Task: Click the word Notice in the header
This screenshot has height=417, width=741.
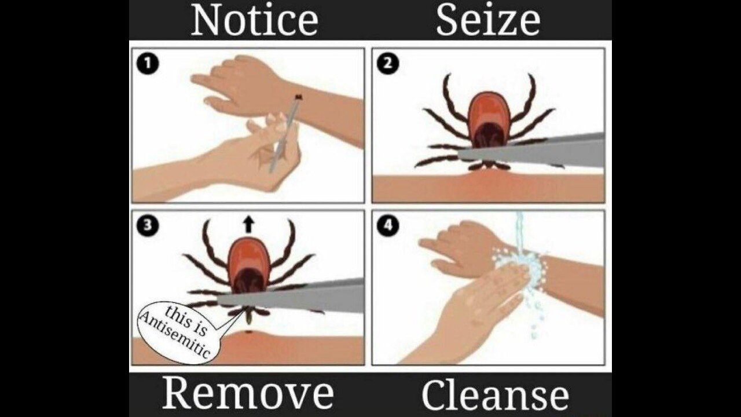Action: (255, 20)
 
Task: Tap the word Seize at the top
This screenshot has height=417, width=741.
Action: (488, 20)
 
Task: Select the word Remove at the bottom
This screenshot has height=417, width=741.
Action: (248, 394)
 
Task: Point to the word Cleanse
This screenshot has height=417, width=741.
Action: (495, 394)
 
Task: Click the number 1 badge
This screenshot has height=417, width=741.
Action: (148, 64)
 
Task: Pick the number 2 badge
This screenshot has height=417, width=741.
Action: (388, 64)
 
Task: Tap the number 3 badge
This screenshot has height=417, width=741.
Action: (148, 226)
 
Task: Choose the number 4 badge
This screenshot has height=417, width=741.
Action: (388, 226)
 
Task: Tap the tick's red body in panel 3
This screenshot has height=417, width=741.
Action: (248, 265)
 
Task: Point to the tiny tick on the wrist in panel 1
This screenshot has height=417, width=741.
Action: (299, 97)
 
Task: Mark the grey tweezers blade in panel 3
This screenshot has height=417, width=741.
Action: (291, 295)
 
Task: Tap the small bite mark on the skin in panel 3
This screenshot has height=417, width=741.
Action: (250, 332)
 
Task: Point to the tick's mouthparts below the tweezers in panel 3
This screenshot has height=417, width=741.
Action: (249, 316)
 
